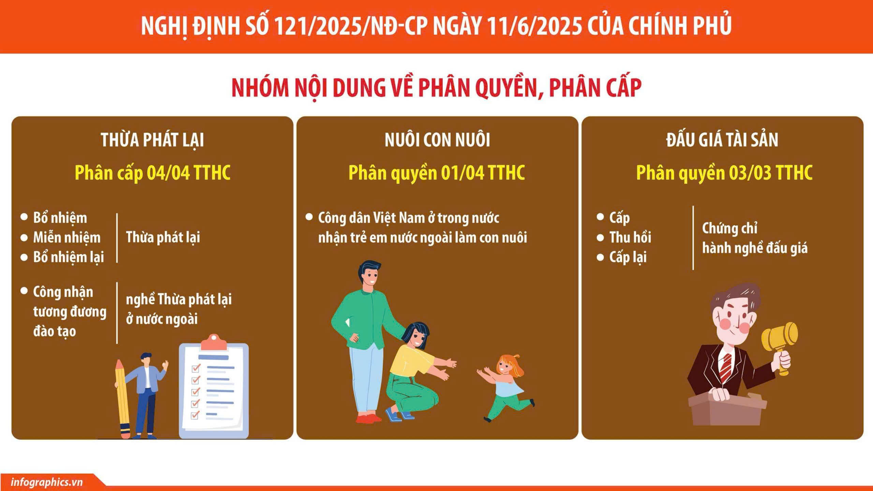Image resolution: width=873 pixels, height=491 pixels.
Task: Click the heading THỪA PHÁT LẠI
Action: pyautogui.click(x=152, y=140)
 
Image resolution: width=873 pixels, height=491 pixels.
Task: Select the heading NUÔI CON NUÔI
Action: pyautogui.click(x=437, y=140)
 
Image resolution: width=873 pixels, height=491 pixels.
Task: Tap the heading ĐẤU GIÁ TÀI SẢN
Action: pyautogui.click(x=722, y=140)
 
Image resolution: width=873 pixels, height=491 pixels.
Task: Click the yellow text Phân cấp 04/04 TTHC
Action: pyautogui.click(x=152, y=173)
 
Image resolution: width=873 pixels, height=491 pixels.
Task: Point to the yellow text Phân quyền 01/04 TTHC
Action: pyautogui.click(x=436, y=173)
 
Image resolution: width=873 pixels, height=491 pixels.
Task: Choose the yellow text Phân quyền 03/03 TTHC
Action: pyautogui.click(x=724, y=173)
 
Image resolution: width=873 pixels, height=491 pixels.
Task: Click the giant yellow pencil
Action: pyautogui.click(x=122, y=399)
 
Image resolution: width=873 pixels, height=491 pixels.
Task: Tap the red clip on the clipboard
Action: pyautogui.click(x=214, y=342)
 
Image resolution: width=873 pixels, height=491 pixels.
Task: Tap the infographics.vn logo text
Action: pyautogui.click(x=47, y=482)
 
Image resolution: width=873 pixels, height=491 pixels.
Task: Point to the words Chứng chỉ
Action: pyautogui.click(x=729, y=228)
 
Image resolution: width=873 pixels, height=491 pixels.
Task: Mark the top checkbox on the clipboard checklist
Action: pyautogui.click(x=195, y=368)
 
